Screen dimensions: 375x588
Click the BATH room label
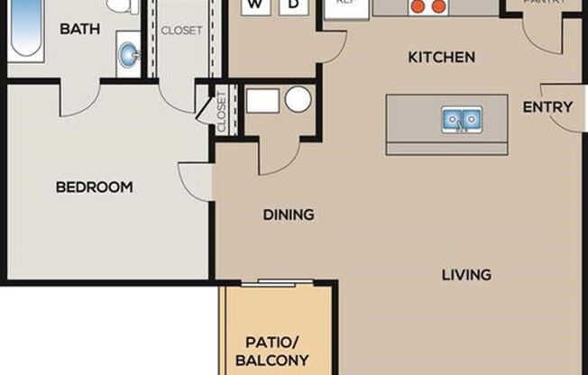80,29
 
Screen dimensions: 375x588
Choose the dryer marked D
291,5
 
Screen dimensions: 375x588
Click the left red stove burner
418,6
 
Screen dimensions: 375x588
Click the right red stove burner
439,6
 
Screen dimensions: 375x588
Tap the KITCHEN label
441,58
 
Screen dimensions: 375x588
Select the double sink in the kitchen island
461,119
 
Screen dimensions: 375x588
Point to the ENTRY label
547,106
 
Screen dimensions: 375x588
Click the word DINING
289,215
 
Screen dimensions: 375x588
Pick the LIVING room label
466,274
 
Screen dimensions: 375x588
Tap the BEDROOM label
94,187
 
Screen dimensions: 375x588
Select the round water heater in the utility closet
298,99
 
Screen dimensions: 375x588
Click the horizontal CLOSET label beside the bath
181,30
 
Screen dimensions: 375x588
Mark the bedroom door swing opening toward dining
197,181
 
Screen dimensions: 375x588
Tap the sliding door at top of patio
277,283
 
